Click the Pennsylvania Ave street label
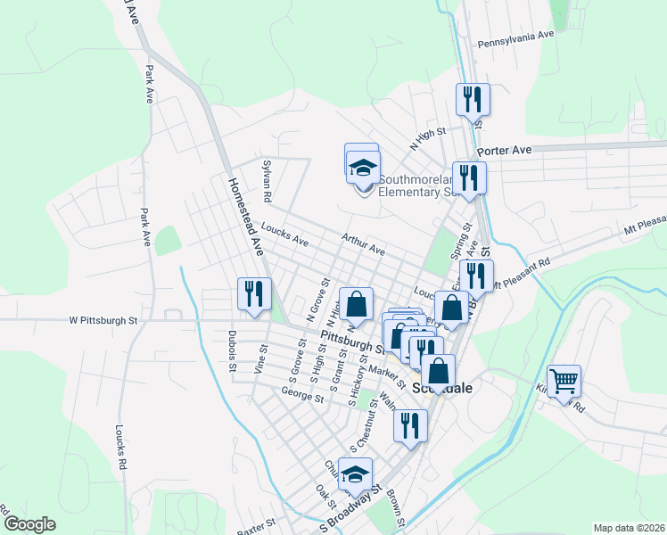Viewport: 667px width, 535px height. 516,42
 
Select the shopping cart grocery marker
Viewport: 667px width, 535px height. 564,381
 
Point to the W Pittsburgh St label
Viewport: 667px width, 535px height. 103,319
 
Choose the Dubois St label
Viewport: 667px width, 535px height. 232,354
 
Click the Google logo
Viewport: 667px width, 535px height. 29,525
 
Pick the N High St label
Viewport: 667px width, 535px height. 427,140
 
